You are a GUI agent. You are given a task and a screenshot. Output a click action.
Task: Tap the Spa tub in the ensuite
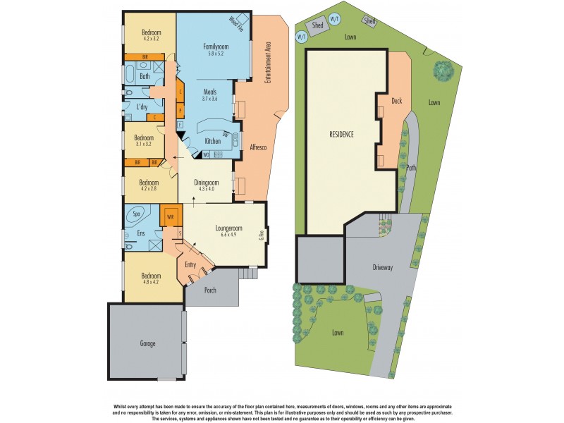[137, 214]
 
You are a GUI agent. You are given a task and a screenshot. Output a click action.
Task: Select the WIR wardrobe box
[169, 216]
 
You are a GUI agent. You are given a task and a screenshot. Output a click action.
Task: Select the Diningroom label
[214, 182]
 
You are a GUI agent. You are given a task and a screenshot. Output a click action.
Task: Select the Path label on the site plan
[411, 168]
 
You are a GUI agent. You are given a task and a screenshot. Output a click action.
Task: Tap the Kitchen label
[212, 141]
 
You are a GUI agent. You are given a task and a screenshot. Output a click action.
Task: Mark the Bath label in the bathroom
[145, 76]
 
